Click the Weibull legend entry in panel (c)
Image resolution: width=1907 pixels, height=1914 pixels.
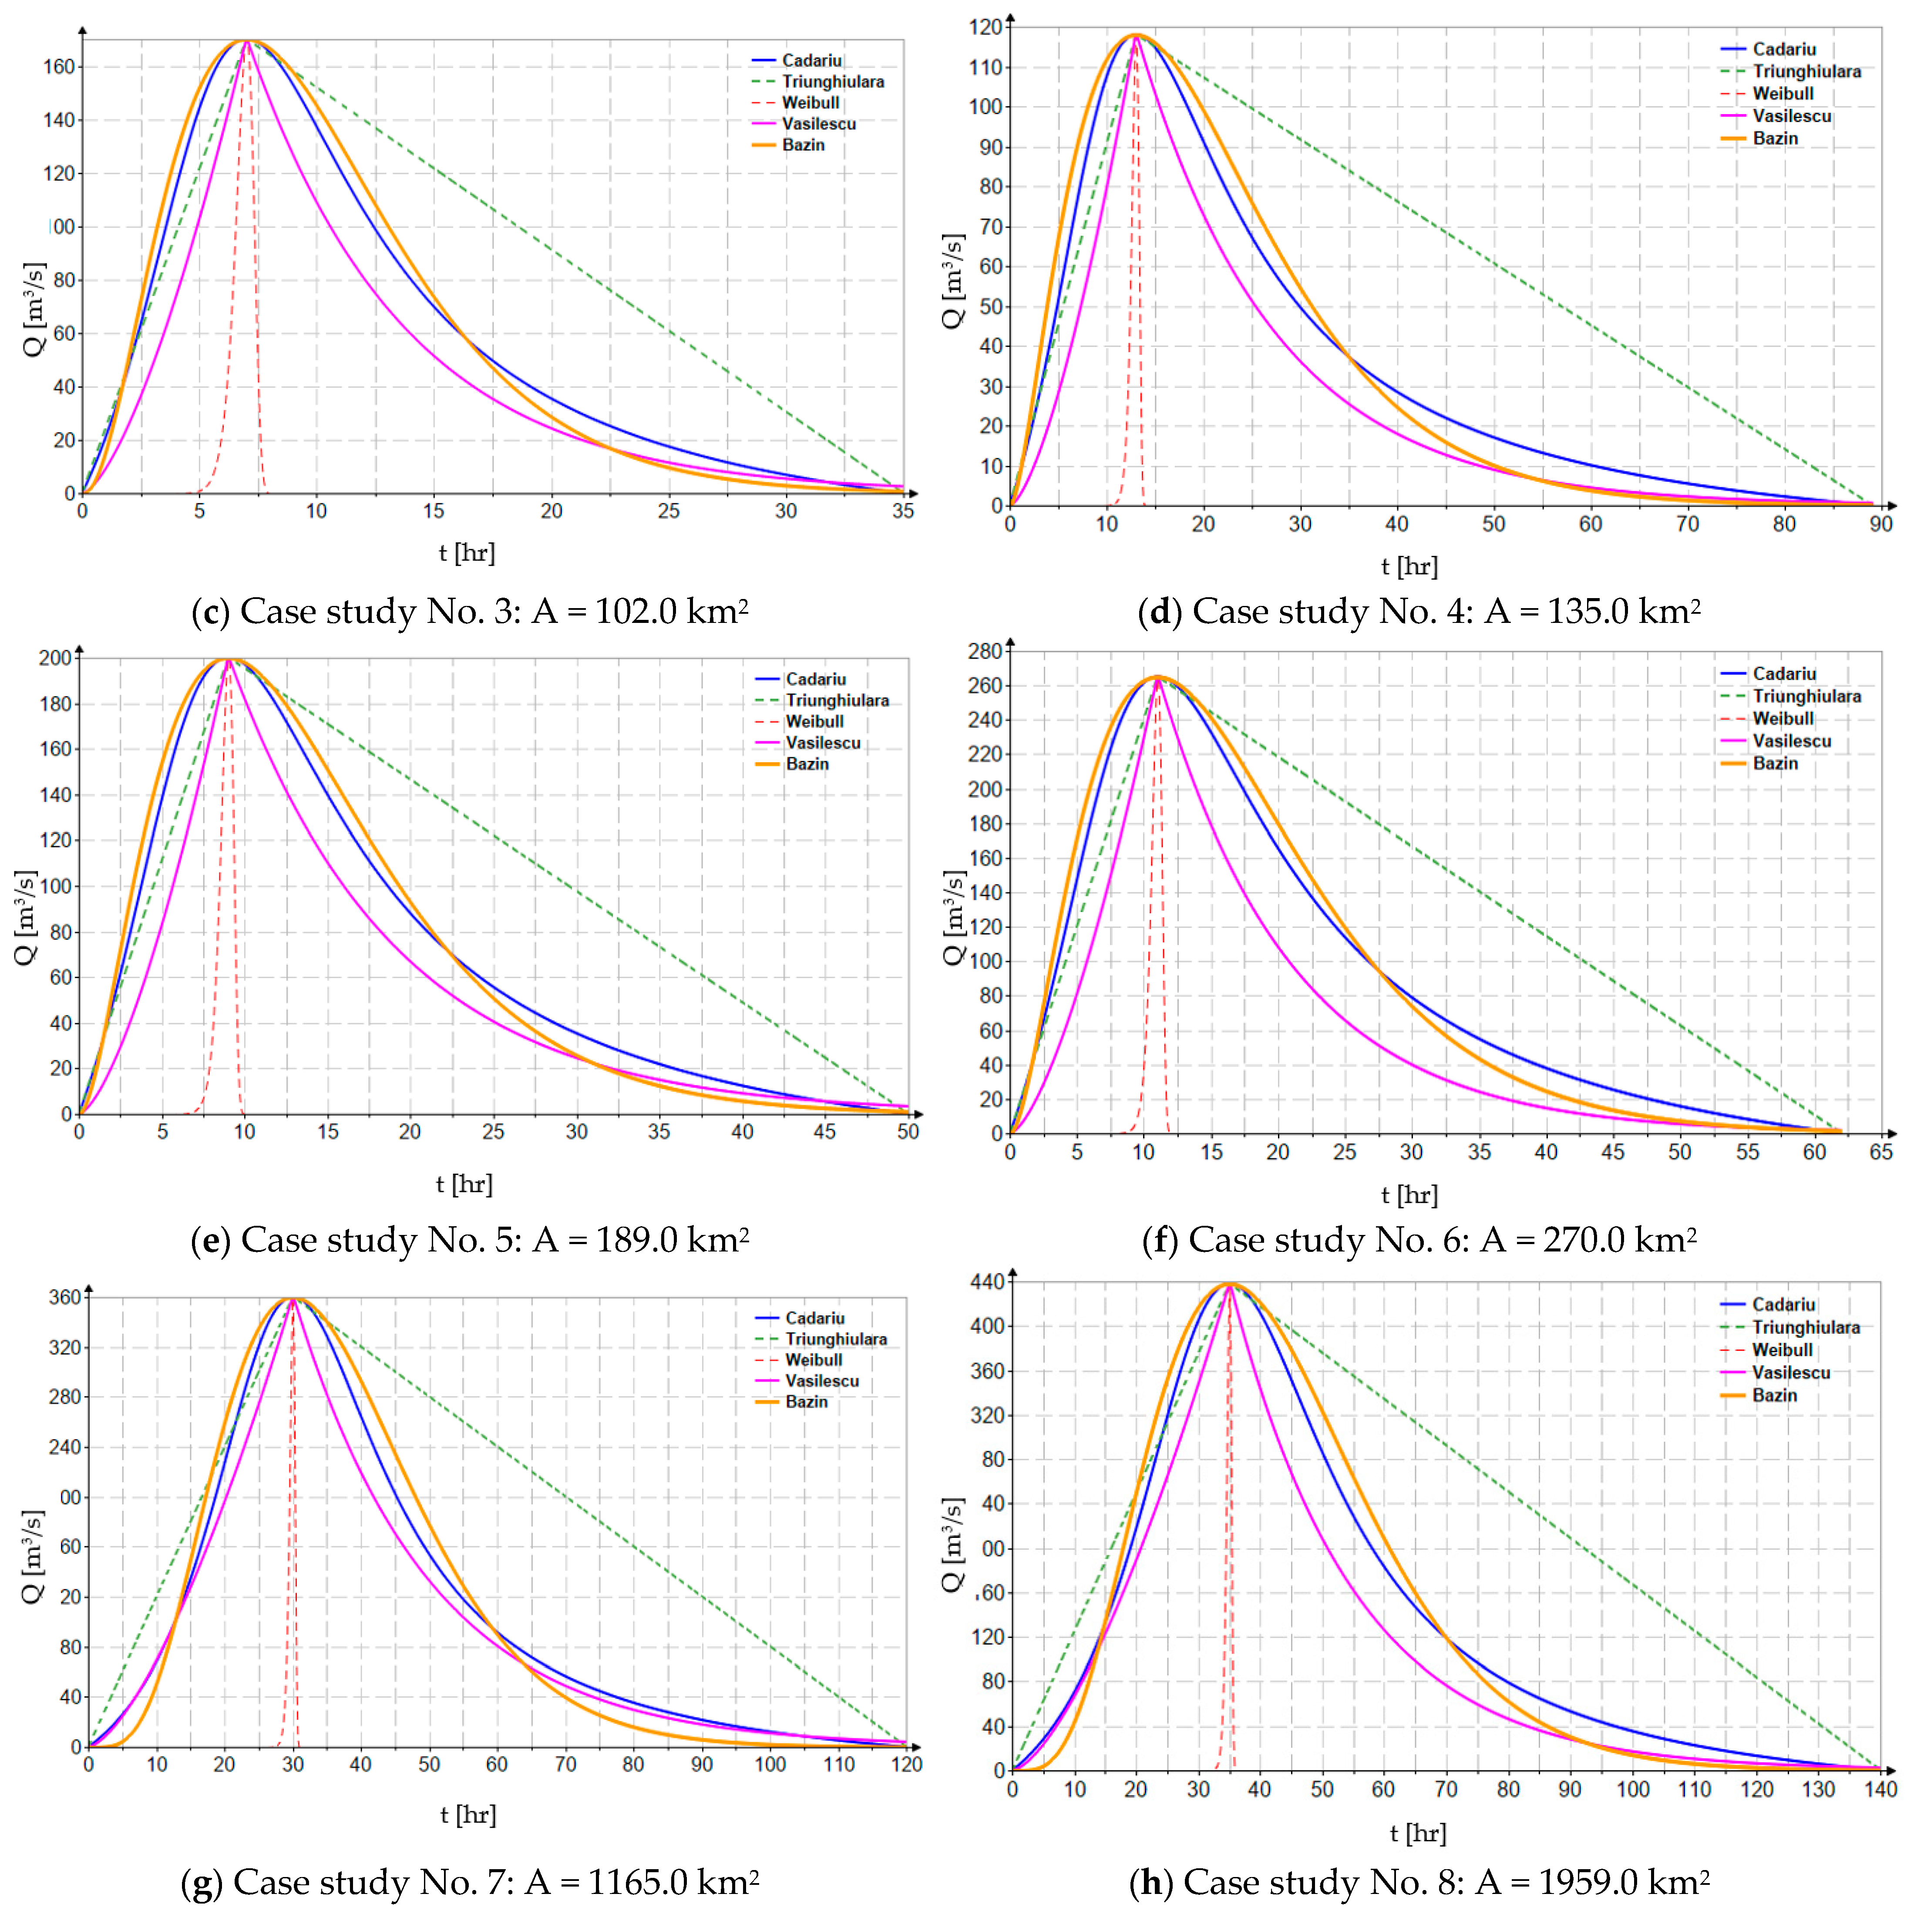point(809,103)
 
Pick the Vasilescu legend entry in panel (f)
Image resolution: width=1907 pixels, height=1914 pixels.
point(1791,741)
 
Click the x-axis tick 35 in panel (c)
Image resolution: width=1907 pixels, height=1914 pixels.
point(902,511)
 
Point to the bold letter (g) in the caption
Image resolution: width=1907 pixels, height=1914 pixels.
point(202,1881)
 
